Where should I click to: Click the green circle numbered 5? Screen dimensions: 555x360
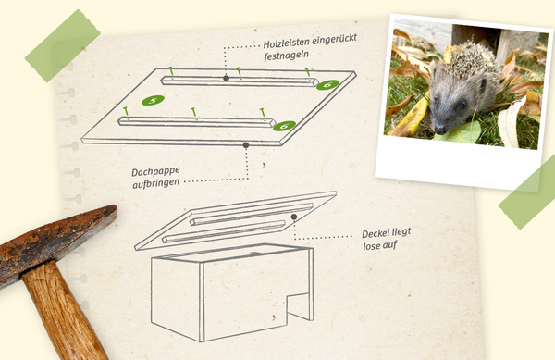pyautogui.click(x=153, y=101)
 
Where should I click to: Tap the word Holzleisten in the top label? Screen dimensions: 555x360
pyautogui.click(x=285, y=43)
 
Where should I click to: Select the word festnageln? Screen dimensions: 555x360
pyautogui.click(x=287, y=56)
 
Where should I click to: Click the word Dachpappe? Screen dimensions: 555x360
pyautogui.click(x=155, y=172)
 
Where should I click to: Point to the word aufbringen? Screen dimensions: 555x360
pyautogui.click(x=155, y=183)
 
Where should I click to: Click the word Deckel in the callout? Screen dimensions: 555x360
pyautogui.click(x=374, y=233)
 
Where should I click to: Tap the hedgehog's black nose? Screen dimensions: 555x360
pyautogui.click(x=439, y=130)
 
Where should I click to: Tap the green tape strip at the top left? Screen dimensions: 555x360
pyautogui.click(x=62, y=45)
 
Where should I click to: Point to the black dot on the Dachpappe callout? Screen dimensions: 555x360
pyautogui.click(x=246, y=145)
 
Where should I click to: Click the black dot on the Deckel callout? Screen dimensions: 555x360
pyautogui.click(x=294, y=217)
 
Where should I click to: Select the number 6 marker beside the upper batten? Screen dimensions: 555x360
pyautogui.click(x=327, y=85)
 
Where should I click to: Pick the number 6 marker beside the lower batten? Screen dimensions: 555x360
pyautogui.click(x=285, y=126)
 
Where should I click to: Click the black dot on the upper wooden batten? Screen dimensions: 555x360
pyautogui.click(x=227, y=79)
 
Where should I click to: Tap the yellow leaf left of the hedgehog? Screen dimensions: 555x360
pyautogui.click(x=412, y=118)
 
